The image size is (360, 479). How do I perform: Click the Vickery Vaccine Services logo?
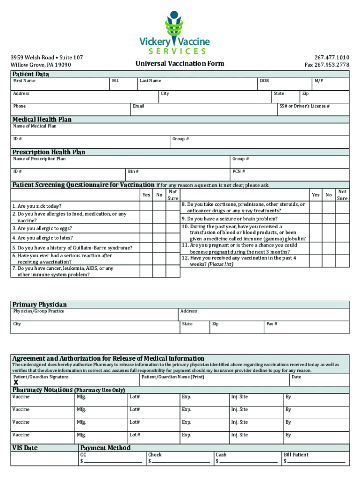click(180, 33)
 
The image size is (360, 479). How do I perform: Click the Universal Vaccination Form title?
click(180, 64)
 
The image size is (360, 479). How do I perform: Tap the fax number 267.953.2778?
click(326, 65)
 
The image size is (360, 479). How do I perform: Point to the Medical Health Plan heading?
click(42, 119)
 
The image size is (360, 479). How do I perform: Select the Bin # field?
click(178, 175)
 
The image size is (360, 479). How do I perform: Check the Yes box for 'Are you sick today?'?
click(146, 206)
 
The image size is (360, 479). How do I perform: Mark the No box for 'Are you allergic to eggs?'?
click(159, 229)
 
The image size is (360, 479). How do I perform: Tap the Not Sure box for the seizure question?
click(342, 218)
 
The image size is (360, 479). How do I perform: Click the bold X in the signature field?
click(16, 382)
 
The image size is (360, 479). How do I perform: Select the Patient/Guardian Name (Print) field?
click(213, 380)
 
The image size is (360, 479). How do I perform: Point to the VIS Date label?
click(25, 448)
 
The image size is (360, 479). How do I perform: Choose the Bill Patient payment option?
click(296, 455)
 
